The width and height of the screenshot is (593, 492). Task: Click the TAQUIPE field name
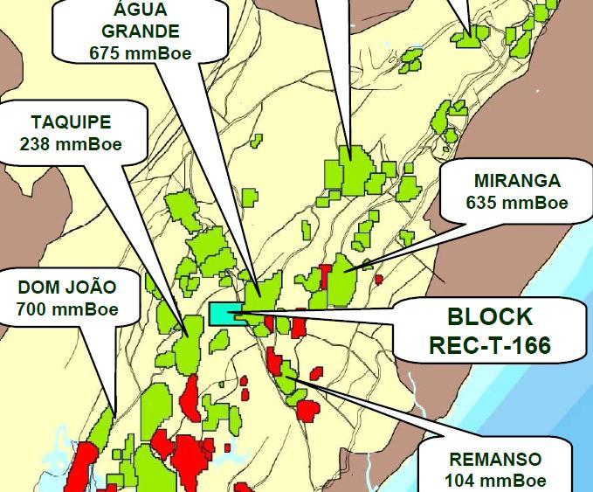click(71, 122)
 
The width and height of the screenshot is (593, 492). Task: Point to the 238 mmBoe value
click(71, 144)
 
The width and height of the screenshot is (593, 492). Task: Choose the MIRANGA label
click(517, 181)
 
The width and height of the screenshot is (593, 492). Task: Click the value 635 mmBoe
click(517, 203)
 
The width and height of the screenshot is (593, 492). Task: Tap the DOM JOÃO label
click(67, 287)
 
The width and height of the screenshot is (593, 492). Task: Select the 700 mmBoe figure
click(67, 308)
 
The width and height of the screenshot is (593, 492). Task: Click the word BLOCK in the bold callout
click(490, 316)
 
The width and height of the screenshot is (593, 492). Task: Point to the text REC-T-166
click(490, 345)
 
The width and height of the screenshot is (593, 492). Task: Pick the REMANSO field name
click(495, 459)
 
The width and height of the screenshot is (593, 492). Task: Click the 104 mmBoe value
click(495, 480)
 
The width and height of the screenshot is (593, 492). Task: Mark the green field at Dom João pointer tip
click(103, 424)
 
